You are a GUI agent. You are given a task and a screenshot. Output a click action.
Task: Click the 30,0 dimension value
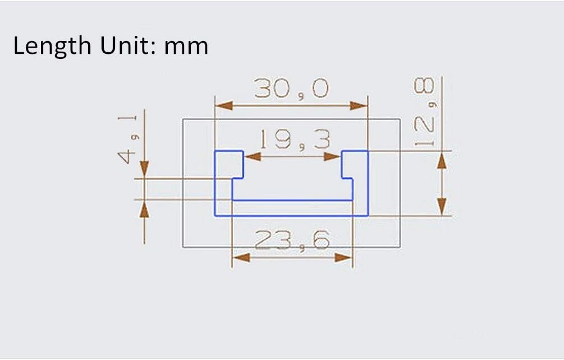point(291,88)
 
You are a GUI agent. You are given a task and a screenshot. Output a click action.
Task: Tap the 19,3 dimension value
point(295,139)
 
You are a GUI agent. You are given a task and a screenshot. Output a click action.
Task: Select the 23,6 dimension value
point(292,241)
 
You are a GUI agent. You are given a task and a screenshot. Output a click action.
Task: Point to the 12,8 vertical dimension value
point(425,112)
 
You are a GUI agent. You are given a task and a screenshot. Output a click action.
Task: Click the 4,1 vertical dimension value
point(127,140)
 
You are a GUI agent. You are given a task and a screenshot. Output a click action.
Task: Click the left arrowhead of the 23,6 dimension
point(241,257)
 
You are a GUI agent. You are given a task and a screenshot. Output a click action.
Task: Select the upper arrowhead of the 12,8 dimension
point(442,160)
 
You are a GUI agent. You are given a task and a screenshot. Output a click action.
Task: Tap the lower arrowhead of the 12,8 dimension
point(442,206)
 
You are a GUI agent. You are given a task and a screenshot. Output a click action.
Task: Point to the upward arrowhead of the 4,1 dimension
point(144,209)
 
